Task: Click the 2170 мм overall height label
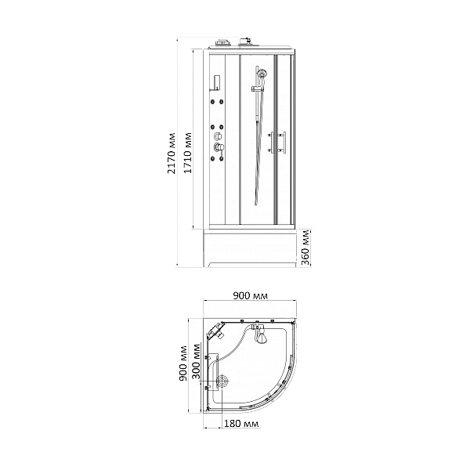[x=172, y=154]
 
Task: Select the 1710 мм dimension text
[x=188, y=154]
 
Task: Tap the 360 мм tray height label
[x=305, y=248]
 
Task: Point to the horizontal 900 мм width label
[x=251, y=296]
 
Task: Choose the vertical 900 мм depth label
[x=183, y=363]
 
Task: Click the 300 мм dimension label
[x=197, y=360]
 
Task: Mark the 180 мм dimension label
[x=241, y=424]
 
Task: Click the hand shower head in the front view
[x=262, y=73]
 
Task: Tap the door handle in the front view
[x=278, y=143]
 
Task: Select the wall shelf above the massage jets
[x=216, y=83]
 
